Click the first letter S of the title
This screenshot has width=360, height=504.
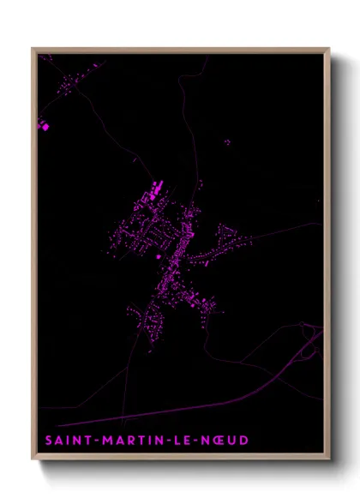[x=47, y=441]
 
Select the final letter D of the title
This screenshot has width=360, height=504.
[x=245, y=441]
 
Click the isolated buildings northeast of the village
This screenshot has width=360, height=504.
[x=226, y=142]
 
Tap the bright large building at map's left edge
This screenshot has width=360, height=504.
[x=45, y=126]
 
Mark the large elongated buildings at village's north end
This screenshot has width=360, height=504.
[x=156, y=189]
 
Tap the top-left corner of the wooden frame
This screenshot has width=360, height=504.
[x=33, y=49]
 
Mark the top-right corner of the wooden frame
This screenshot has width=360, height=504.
[x=328, y=49]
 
